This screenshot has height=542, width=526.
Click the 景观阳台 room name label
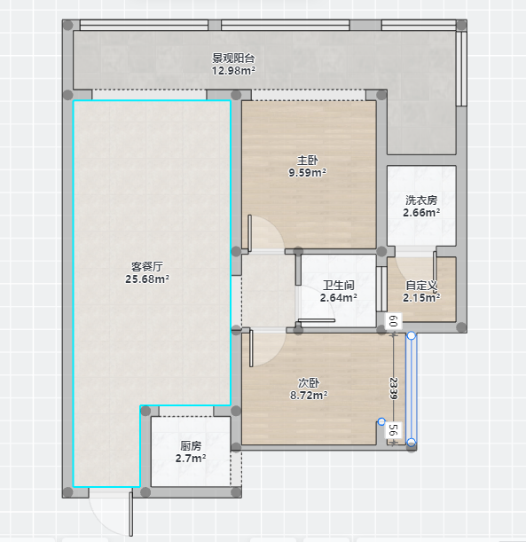click(x=233, y=58)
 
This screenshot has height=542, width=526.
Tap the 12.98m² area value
click(x=233, y=70)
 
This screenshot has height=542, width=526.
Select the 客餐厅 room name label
click(x=147, y=266)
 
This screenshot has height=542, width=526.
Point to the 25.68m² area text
click(x=147, y=279)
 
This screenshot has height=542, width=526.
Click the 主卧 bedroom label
click(x=307, y=160)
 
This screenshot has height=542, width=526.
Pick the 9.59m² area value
click(x=307, y=172)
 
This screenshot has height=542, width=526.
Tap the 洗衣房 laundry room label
click(x=421, y=200)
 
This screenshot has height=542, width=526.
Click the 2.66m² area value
click(x=421, y=213)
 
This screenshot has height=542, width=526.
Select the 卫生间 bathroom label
click(x=339, y=285)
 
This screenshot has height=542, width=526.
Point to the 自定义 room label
click(x=421, y=285)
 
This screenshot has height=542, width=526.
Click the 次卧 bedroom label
click(x=309, y=382)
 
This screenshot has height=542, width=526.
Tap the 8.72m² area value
click(x=309, y=395)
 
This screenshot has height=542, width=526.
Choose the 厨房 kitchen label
click(x=191, y=446)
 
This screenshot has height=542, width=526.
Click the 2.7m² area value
click(x=191, y=459)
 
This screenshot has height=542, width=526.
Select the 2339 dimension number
click(x=393, y=389)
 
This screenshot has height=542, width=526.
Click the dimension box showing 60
click(x=393, y=321)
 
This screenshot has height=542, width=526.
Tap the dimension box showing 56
click(x=393, y=430)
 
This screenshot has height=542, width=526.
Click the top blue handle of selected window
click(x=412, y=335)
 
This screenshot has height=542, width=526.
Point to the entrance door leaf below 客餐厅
click(x=131, y=515)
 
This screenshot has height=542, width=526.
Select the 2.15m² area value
click(x=421, y=298)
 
